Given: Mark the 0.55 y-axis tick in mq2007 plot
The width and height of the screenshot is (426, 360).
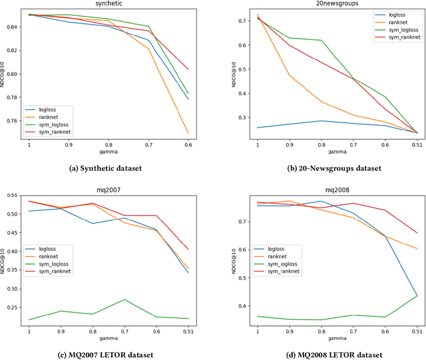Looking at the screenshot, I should tap(11, 194).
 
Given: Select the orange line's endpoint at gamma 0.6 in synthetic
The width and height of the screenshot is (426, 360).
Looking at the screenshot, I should tap(189, 133).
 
